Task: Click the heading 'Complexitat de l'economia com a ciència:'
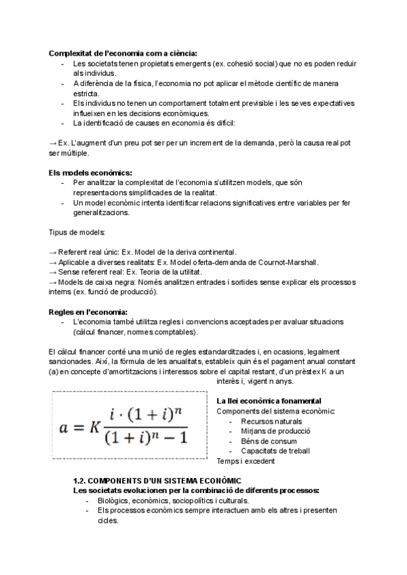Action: pos(123,53)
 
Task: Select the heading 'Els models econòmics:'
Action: pos(91,173)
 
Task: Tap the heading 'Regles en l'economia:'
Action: pos(88,311)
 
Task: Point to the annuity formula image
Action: pos(129,427)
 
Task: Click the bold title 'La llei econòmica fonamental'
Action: pos(269,401)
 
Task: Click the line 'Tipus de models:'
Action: pos(77,233)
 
